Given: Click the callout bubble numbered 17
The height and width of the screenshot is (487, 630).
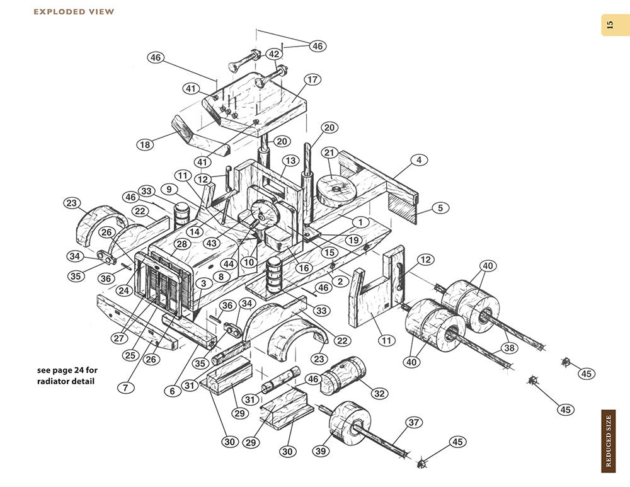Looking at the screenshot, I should [312, 80].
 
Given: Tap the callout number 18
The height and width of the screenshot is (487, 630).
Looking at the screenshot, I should [146, 145].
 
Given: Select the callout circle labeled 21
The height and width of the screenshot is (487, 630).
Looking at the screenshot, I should [329, 152].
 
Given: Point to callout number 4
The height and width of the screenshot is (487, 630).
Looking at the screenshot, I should [418, 160].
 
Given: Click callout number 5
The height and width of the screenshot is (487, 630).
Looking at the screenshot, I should [440, 207].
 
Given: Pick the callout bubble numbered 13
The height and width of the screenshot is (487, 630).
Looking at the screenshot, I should [289, 160].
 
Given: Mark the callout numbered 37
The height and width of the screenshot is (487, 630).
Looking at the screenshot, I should [413, 422].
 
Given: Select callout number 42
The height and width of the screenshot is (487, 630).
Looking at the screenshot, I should [274, 54].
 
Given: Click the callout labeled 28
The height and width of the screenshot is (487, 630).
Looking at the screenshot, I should [182, 244].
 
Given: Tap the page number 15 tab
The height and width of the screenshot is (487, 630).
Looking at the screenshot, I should [609, 25].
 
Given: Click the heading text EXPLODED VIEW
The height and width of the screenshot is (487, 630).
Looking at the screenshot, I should [74, 11].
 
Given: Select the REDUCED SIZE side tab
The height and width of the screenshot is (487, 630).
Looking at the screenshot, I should [608, 440].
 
